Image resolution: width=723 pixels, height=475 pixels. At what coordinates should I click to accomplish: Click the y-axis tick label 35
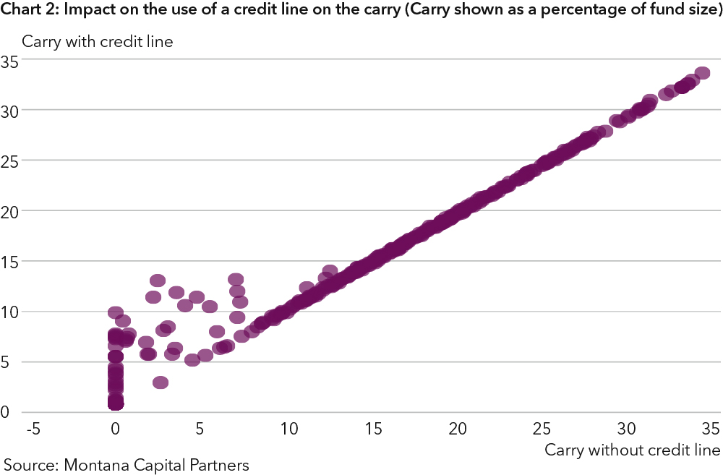click(9, 61)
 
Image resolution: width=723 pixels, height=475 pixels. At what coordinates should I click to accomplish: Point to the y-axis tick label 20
click(9, 211)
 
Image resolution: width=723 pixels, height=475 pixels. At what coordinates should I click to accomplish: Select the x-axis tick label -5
click(32, 429)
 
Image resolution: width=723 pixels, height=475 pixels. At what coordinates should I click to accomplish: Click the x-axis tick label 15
click(373, 429)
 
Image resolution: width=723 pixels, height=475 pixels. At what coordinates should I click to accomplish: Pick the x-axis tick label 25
click(542, 429)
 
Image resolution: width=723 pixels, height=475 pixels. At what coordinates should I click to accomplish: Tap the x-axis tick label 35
click(711, 429)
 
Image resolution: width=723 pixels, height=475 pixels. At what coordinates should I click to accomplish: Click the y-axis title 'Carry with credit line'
click(97, 41)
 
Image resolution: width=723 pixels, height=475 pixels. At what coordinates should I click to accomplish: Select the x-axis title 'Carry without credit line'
click(633, 450)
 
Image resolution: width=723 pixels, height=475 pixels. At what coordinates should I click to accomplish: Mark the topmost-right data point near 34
click(702, 73)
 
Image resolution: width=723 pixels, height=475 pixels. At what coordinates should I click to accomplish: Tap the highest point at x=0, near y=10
click(116, 313)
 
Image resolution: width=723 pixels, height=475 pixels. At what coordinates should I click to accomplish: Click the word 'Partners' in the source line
click(218, 465)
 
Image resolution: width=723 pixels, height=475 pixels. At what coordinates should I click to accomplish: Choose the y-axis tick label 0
click(5, 412)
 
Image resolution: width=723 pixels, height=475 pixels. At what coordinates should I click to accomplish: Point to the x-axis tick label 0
click(116, 429)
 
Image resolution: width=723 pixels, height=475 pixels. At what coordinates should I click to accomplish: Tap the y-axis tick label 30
click(9, 111)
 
